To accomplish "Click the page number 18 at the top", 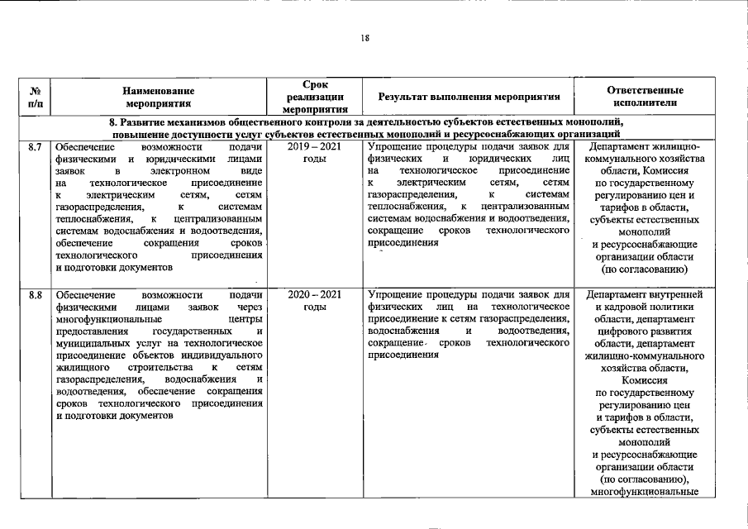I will pos(364,36).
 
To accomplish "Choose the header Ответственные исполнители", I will pos(645,96).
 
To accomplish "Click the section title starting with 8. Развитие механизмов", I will pos(366,122).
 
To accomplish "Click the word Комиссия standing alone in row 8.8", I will pos(644,380).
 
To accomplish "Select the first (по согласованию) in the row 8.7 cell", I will pos(644,269).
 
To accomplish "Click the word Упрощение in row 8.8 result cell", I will pos(396,295).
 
